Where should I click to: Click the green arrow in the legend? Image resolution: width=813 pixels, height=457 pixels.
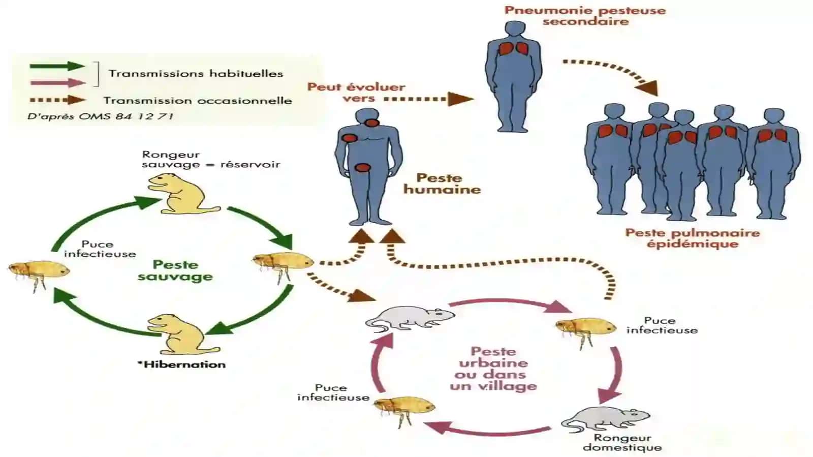tap(57, 66)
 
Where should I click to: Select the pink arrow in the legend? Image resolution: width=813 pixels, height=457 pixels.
tap(58, 83)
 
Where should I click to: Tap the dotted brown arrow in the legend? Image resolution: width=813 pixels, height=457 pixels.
tap(58, 100)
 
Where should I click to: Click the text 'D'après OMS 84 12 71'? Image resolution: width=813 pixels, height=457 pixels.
tap(100, 116)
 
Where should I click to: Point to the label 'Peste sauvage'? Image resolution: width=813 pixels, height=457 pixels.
tap(175, 270)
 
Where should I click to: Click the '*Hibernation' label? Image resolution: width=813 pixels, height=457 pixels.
tap(181, 364)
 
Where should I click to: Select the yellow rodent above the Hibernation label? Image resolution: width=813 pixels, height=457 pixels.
tap(183, 334)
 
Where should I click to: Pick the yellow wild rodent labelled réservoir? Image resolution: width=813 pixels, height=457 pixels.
tap(183, 193)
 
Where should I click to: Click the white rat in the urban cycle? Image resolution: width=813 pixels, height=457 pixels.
tap(410, 319)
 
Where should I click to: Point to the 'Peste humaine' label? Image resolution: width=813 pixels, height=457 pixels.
tap(442, 184)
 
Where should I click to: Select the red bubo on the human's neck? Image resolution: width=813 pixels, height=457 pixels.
tap(371, 123)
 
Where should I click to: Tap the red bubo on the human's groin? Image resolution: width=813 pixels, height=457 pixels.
tap(362, 168)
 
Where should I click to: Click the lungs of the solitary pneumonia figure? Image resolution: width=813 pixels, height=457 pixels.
tap(514, 49)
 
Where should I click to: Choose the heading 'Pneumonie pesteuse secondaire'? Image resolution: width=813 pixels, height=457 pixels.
tap(585, 15)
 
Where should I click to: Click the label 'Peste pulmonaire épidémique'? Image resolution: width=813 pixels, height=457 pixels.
tap(693, 238)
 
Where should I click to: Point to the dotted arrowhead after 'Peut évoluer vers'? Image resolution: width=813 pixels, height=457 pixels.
tap(460, 99)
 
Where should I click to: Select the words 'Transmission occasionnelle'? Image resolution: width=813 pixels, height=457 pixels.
tap(198, 100)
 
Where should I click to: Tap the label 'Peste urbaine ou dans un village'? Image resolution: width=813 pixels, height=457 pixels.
tap(493, 369)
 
